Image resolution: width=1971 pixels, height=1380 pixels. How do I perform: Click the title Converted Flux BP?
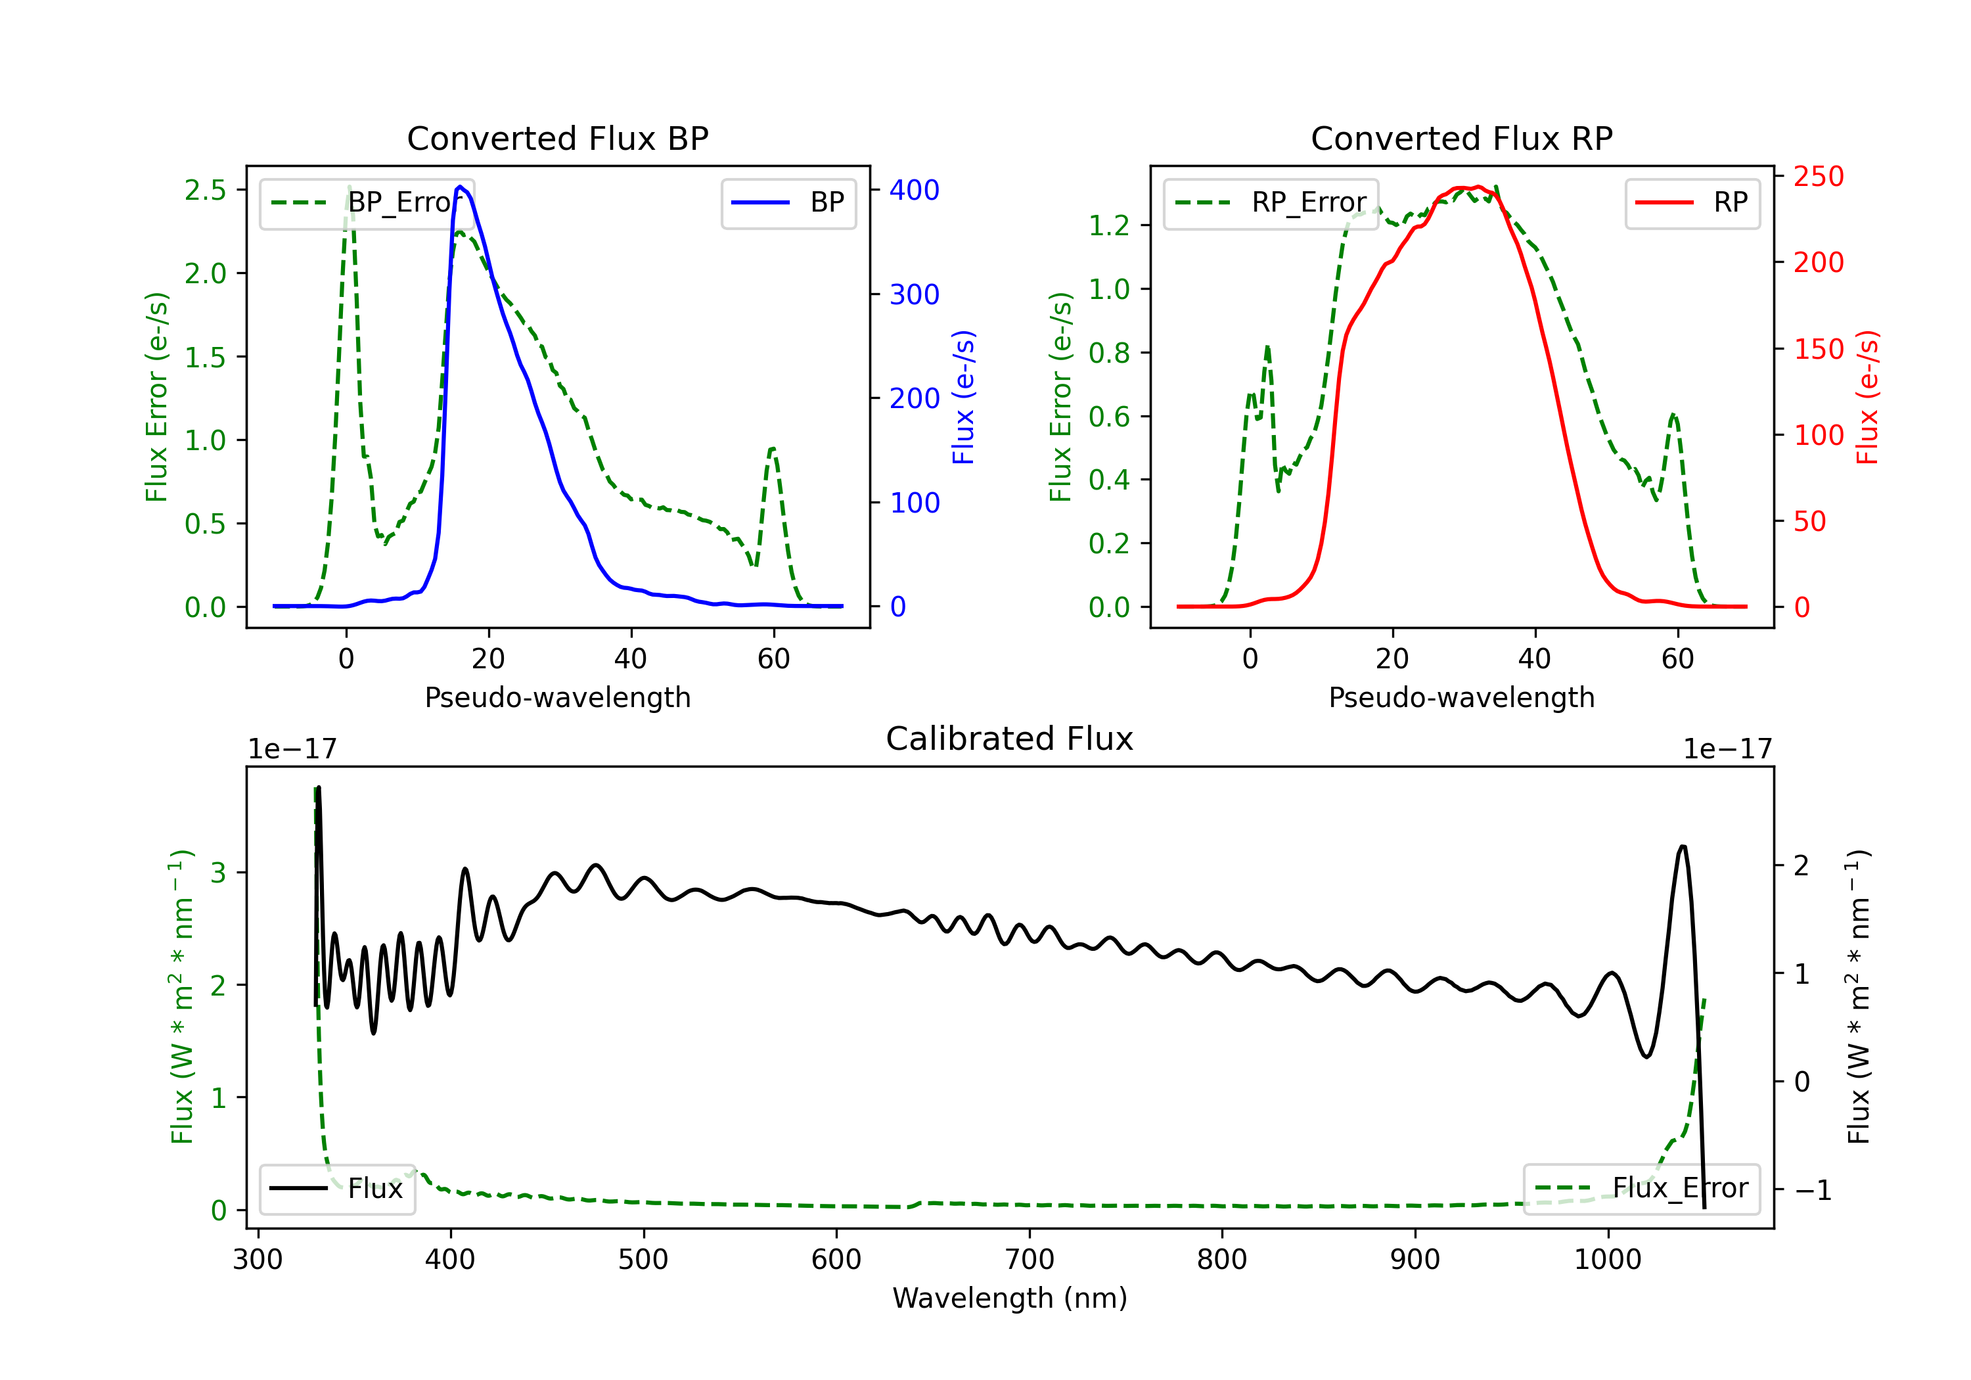[x=557, y=138]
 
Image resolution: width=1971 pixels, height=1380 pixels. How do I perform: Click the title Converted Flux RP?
[x=1461, y=138]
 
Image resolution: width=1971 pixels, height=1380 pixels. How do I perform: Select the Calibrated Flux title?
[x=1010, y=739]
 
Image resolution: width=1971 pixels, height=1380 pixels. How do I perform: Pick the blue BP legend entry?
[x=788, y=202]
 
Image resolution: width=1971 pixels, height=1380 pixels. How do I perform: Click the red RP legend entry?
[x=1692, y=202]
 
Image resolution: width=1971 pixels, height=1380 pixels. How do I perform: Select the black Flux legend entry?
[x=336, y=1189]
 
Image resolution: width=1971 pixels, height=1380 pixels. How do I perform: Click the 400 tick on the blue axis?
[x=915, y=190]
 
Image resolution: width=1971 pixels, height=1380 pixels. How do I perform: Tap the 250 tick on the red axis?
[x=1818, y=176]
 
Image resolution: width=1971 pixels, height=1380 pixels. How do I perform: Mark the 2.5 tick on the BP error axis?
[x=206, y=190]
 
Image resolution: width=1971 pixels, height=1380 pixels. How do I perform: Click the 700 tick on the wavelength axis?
[x=1030, y=1259]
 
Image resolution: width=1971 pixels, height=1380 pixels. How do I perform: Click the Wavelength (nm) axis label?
[x=1010, y=1298]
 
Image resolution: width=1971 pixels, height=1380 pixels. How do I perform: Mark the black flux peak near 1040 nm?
[x=1683, y=846]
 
